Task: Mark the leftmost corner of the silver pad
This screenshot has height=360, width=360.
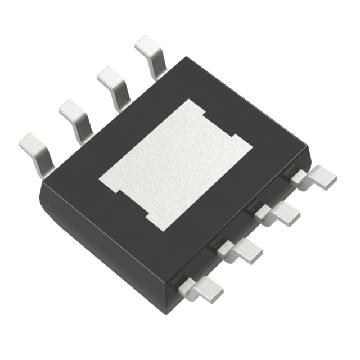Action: point(100,181)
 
